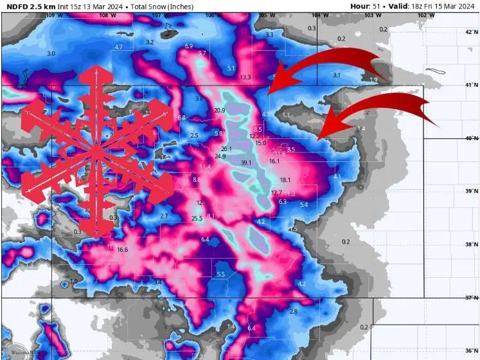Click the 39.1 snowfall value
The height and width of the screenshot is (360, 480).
click(246, 163)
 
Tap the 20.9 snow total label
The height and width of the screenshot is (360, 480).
click(220, 111)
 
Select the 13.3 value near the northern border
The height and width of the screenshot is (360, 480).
click(245, 77)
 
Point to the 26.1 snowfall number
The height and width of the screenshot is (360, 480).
click(226, 148)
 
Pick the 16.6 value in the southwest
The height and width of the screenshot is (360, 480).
click(123, 249)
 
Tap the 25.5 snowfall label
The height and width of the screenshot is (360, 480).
click(197, 219)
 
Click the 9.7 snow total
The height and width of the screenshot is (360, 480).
click(202, 53)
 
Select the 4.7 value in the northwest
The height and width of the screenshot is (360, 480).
click(118, 48)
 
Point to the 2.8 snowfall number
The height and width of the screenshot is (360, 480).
click(294, 311)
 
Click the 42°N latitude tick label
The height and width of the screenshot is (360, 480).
click(472, 32)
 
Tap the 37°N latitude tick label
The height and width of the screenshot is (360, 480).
click(472, 298)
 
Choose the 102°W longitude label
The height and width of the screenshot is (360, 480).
click(422, 15)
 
